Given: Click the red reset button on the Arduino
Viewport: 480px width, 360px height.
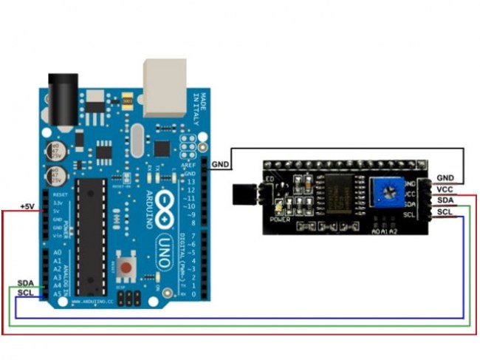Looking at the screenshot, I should tap(127, 266).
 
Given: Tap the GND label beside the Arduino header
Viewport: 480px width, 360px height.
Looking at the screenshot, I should tap(219, 163).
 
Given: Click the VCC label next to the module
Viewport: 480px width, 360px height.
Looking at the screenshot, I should tap(445, 189).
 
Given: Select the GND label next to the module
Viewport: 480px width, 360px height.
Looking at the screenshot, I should tap(445, 177).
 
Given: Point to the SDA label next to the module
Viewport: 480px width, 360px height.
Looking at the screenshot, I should tap(445, 200).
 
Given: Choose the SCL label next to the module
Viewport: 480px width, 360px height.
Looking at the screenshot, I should tap(445, 212).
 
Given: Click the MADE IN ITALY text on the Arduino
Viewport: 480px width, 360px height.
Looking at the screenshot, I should tap(196, 107).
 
